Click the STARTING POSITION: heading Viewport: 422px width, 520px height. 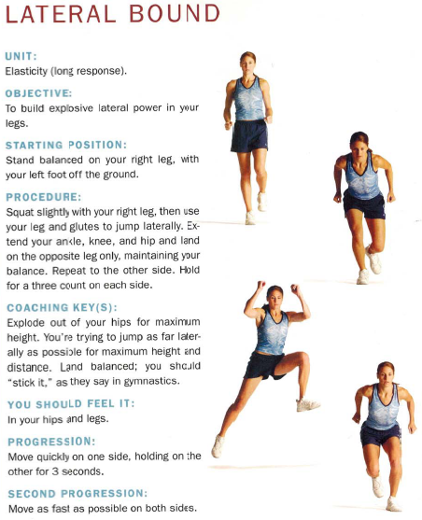click(x=65, y=145)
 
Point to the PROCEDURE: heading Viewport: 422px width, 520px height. click(x=43, y=197)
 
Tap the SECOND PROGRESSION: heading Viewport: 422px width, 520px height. click(x=77, y=492)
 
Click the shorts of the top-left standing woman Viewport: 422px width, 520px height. click(x=249, y=135)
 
